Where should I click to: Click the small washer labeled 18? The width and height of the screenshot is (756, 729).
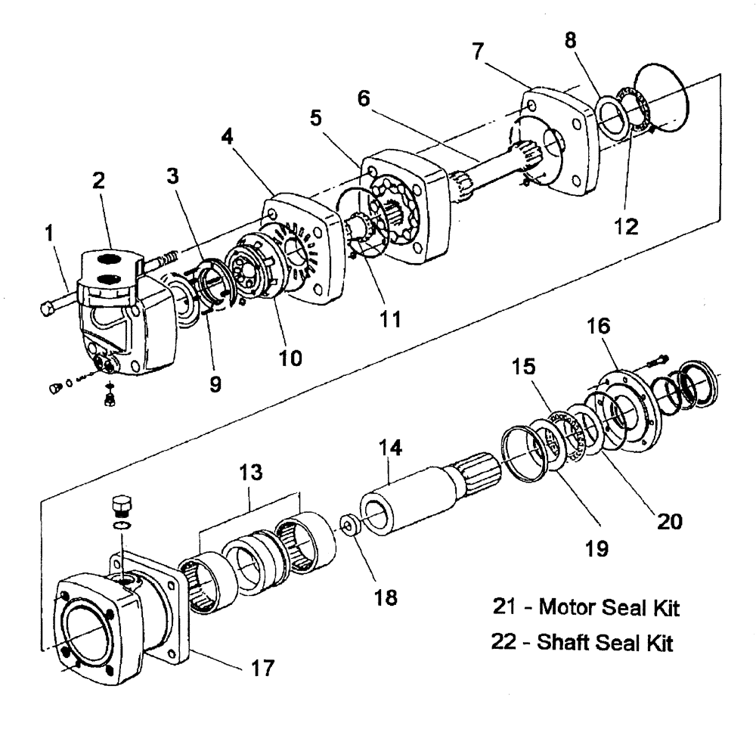coord(349,525)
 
